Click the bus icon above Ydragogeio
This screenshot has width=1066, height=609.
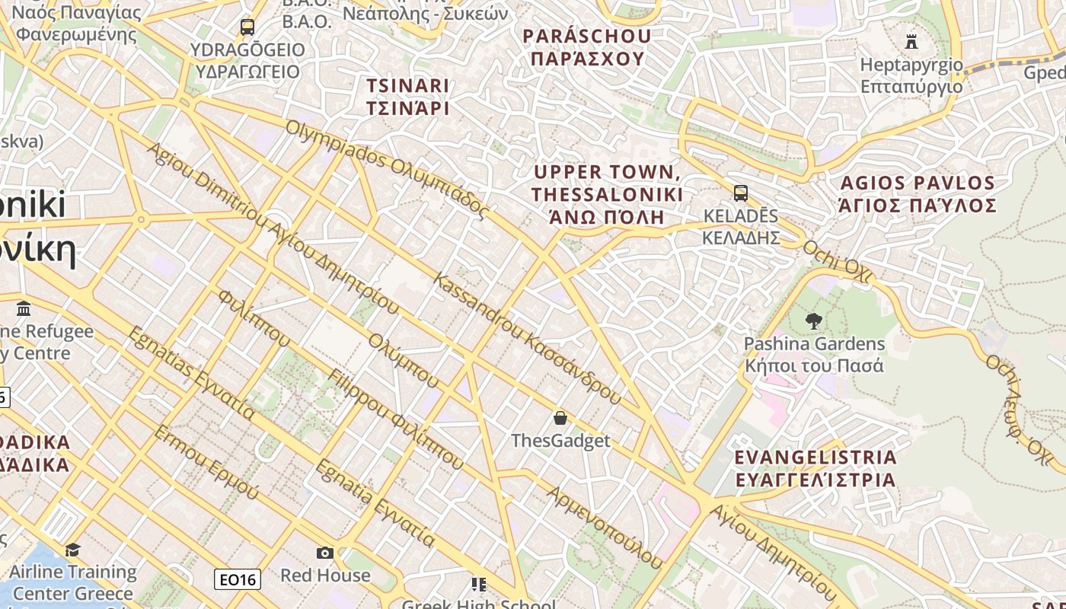[247, 27]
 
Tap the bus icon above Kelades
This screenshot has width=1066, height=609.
[741, 193]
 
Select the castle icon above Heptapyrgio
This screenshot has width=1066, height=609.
[911, 41]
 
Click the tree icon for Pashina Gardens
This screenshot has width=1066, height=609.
[814, 321]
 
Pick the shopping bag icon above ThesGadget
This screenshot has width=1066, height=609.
[560, 418]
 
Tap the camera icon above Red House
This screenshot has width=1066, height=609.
[325, 553]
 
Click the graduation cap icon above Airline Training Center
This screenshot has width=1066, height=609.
[73, 550]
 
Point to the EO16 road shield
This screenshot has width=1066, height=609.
[238, 580]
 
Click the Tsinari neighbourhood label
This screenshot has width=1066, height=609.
[407, 97]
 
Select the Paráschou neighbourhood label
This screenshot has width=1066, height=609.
[587, 47]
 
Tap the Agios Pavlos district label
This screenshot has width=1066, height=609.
[918, 194]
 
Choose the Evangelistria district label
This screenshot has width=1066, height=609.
[815, 468]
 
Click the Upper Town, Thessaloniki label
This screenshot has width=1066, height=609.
[607, 194]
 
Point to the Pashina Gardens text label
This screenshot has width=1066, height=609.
[814, 355]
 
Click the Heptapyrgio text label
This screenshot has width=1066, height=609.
[911, 75]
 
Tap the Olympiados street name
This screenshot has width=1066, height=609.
[385, 169]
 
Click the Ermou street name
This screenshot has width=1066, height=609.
[206, 463]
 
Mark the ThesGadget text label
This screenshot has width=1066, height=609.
[560, 441]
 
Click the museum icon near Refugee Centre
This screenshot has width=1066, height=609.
[24, 309]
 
